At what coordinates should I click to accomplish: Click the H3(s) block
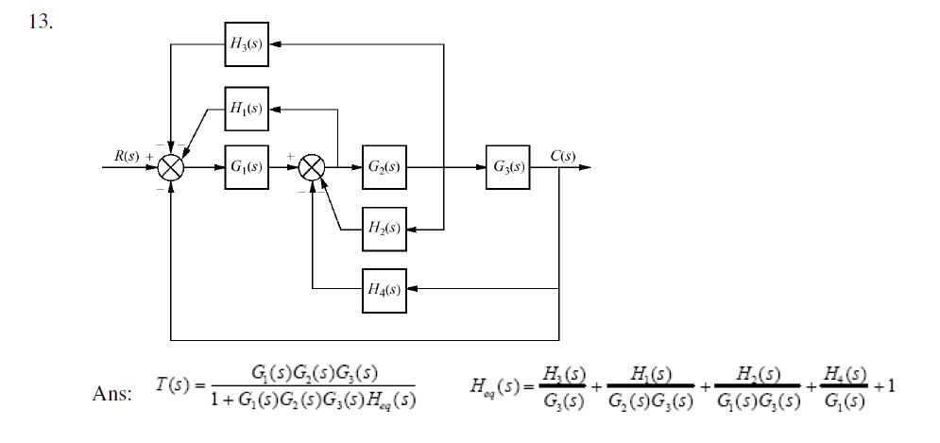coord(248,43)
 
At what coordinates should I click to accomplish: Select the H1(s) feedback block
coord(248,110)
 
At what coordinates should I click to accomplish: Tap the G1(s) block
coord(248,168)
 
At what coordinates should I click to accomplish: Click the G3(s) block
coord(507,168)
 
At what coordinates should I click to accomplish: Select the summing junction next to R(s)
coord(171,169)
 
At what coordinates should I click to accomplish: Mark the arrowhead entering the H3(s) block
coord(277,43)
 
